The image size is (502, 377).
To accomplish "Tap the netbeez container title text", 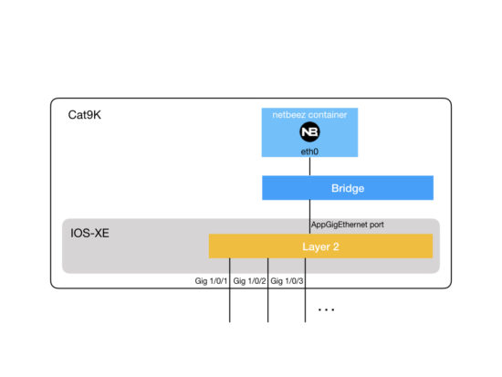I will pos(309,115).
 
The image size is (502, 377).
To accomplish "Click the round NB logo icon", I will pos(309,133).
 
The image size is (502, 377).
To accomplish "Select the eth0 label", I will pos(309,151).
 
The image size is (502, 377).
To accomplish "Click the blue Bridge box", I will pos(383,187).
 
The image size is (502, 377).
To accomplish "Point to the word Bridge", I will pos(347,187).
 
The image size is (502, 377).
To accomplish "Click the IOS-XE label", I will pos(91,234).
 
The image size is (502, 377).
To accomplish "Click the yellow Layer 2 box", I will pos(392,246).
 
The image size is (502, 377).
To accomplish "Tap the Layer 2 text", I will pos(320,246).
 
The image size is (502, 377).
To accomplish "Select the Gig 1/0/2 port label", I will pos(249,281).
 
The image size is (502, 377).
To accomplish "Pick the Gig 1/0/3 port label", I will pos(287,281).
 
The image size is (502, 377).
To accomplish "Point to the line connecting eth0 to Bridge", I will pos(309,166).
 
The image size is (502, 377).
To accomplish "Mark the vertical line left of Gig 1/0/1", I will pos(229,301).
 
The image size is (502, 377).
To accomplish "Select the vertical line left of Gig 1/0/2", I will pos(267,301).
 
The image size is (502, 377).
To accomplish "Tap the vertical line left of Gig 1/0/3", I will pos(305,301).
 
